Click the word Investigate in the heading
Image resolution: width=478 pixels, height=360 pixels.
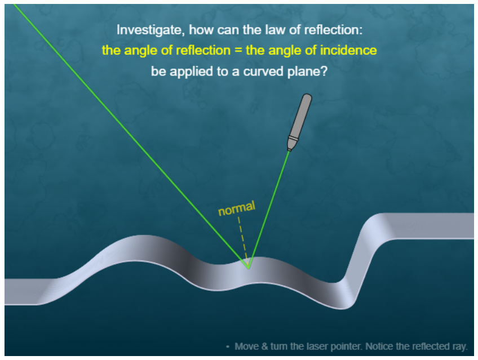click(x=151, y=30)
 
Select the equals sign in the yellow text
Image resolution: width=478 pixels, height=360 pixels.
click(x=238, y=50)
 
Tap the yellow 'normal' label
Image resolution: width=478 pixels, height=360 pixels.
click(x=237, y=208)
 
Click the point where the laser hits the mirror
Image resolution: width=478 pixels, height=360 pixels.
click(x=249, y=268)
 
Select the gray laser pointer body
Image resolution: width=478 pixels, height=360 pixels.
click(x=299, y=122)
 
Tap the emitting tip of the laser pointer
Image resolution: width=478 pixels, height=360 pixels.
click(x=289, y=150)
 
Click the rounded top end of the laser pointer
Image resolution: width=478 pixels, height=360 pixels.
click(x=307, y=96)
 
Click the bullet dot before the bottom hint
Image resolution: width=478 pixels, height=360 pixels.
click(x=227, y=346)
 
